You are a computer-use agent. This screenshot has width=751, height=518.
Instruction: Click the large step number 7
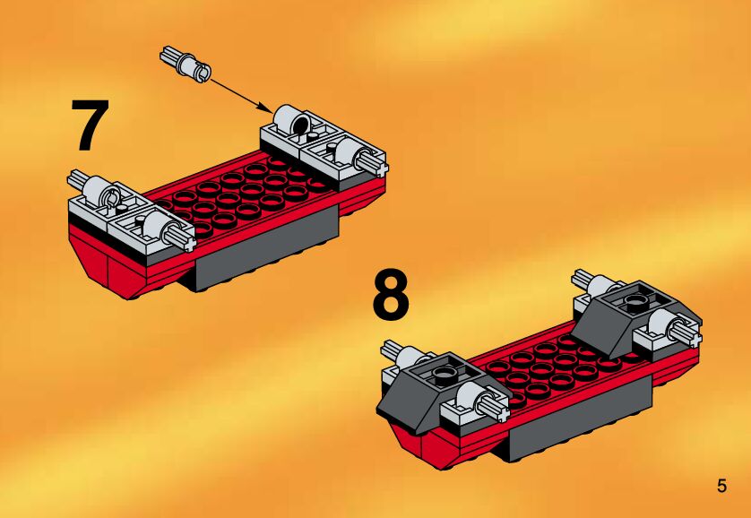[90, 125]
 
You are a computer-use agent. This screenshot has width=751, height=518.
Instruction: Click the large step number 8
[391, 295]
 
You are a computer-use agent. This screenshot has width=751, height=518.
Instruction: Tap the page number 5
[721, 487]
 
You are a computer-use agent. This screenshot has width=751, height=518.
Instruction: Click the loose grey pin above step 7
[185, 65]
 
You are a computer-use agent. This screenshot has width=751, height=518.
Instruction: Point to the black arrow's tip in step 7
[273, 113]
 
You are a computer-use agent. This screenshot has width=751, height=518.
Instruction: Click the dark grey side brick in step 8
[580, 419]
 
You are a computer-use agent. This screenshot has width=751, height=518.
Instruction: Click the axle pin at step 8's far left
[392, 350]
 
